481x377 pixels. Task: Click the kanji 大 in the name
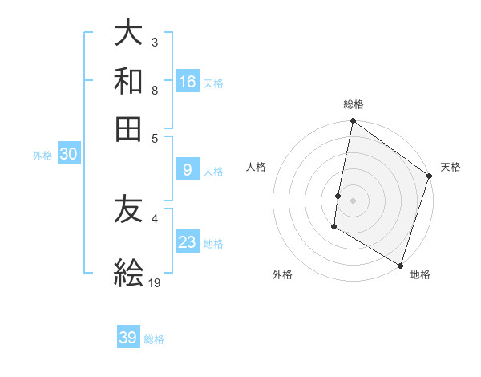pyautogui.click(x=128, y=34)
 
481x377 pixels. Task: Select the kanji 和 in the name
pyautogui.click(x=128, y=81)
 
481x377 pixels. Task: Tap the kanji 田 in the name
pyautogui.click(x=128, y=128)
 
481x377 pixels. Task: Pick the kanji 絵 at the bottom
pyautogui.click(x=128, y=273)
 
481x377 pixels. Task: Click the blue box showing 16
pyautogui.click(x=188, y=81)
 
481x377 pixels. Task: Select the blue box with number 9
pyautogui.click(x=188, y=169)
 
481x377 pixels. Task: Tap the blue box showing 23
pyautogui.click(x=188, y=241)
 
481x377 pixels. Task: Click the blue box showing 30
pyautogui.click(x=68, y=155)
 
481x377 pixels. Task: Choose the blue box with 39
pyautogui.click(x=128, y=338)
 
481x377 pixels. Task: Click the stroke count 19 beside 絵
pyautogui.click(x=155, y=282)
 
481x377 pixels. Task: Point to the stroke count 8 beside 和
pyautogui.click(x=154, y=91)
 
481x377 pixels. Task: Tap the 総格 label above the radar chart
pyautogui.click(x=354, y=104)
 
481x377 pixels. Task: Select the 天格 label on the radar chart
pyautogui.click(x=451, y=167)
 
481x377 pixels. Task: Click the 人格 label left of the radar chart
pyautogui.click(x=257, y=167)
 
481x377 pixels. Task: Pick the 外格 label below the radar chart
pyautogui.click(x=282, y=274)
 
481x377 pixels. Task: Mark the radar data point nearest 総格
pyautogui.click(x=354, y=123)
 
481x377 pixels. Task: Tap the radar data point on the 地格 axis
pyautogui.click(x=400, y=265)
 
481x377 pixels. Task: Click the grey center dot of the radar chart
pyautogui.click(x=354, y=200)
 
